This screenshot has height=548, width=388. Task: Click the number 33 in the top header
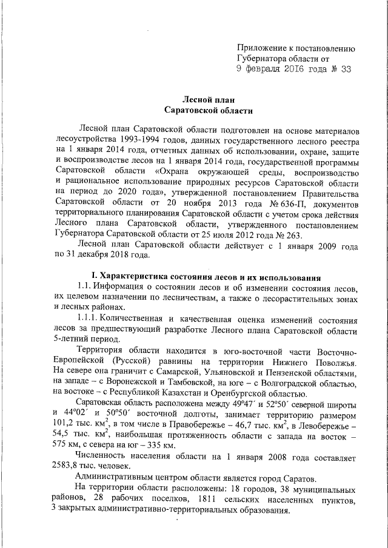tap(345, 70)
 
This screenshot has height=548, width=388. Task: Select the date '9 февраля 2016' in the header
tap(273, 70)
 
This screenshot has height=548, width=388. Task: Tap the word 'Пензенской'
tap(284, 370)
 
